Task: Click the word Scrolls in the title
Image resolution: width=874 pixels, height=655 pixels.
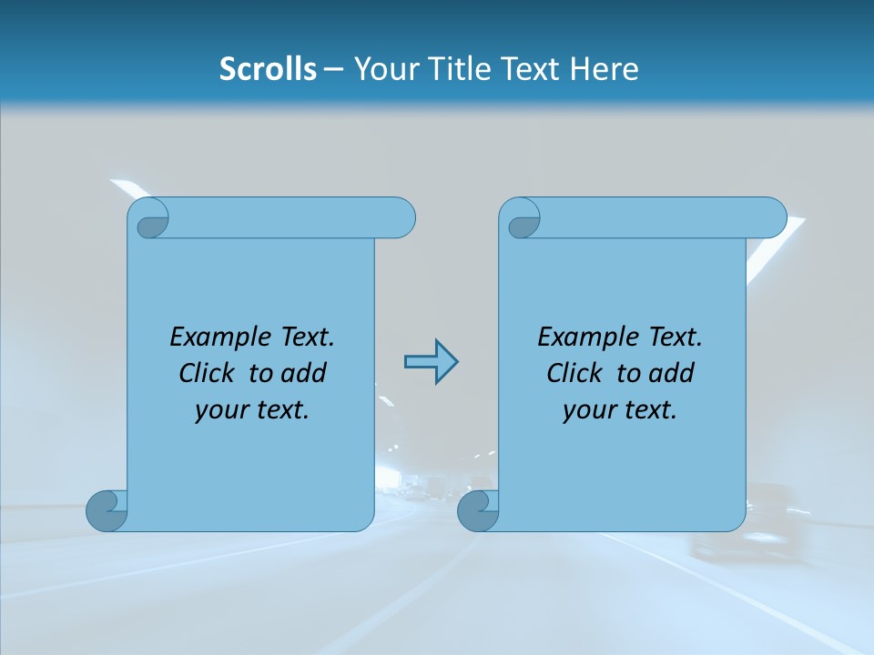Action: point(268,68)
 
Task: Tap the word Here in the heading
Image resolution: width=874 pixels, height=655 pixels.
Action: point(604,68)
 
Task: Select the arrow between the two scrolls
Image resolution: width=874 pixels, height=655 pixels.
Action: point(431,362)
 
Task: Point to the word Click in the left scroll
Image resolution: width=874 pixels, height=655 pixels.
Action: point(208,373)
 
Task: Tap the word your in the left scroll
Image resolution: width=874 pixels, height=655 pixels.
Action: point(219,410)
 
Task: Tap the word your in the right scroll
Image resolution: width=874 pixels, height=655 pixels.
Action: point(587,410)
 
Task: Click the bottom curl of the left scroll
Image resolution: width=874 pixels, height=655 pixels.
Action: point(107,510)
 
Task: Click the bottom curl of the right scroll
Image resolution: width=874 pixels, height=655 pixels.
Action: point(478,510)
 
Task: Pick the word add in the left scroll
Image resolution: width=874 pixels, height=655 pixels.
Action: point(303,373)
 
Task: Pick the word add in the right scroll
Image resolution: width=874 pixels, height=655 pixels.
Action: point(671,373)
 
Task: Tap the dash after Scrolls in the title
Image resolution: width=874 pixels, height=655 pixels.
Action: point(333,69)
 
